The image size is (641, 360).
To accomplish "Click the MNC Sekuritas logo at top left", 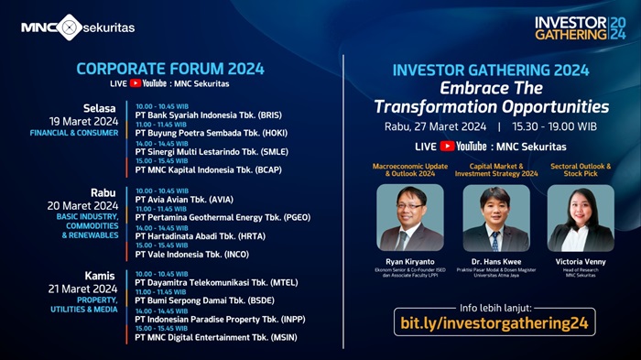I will [x=78, y=27].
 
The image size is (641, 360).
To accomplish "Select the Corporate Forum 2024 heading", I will [x=170, y=69].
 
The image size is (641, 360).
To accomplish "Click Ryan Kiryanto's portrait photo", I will [x=409, y=218].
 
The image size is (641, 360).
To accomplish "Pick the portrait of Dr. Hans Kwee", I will [x=495, y=218].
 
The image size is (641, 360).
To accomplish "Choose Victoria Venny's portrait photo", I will [x=581, y=218].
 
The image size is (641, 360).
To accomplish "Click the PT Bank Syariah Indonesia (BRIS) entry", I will [x=208, y=115].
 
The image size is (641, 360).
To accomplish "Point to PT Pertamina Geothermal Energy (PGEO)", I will [x=223, y=217].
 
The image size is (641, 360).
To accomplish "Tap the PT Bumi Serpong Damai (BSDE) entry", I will [x=204, y=300].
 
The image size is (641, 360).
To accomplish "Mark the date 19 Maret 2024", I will [x=84, y=121].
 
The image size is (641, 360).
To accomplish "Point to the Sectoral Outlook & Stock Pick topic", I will [x=581, y=170].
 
